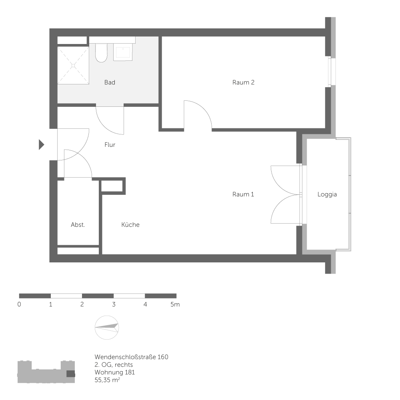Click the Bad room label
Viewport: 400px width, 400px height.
point(110,82)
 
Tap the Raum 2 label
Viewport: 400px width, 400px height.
point(243,82)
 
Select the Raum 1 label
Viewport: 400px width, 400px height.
point(243,194)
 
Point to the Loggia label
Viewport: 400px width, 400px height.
point(327,194)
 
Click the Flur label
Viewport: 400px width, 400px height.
point(110,145)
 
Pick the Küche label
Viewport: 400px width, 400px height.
point(130,225)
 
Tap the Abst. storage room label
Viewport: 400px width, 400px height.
point(78,225)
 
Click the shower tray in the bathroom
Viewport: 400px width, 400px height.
point(73,65)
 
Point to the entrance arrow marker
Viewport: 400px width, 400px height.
point(41,144)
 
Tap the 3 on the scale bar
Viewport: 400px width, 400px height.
point(114,304)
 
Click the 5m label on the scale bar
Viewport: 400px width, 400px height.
point(175,304)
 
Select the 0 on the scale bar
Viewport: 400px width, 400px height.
point(19,304)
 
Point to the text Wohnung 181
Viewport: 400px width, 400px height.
point(115,372)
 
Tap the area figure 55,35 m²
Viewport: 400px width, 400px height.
point(108,380)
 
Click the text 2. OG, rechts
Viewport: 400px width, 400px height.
point(114,364)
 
